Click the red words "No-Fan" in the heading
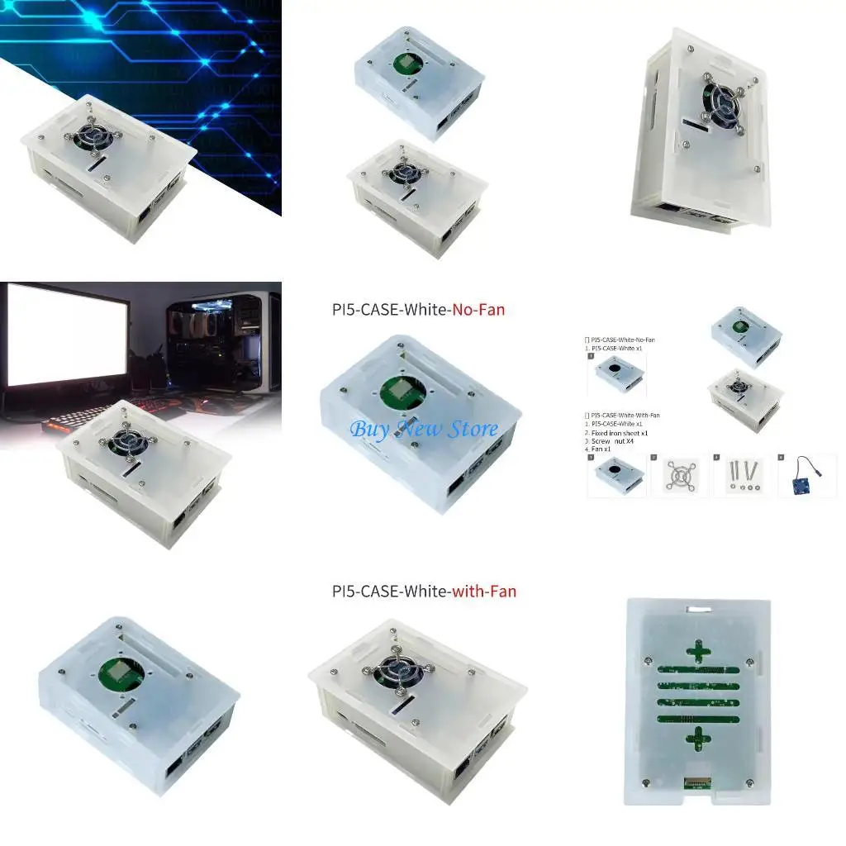coord(476,310)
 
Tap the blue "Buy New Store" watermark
coord(423,429)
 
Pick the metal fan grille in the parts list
coord(679,477)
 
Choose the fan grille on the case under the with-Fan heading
coord(393,673)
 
